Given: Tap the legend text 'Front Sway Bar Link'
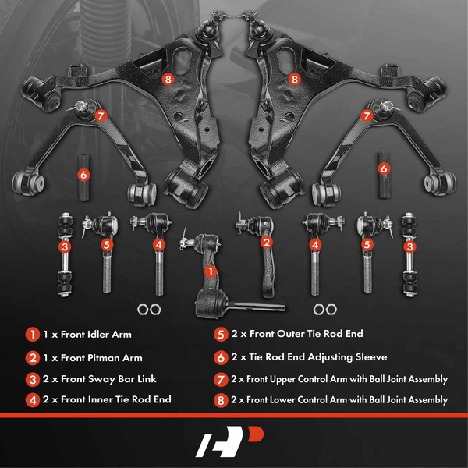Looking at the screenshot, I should [x=106, y=379].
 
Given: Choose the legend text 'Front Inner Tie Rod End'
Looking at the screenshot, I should [x=113, y=400].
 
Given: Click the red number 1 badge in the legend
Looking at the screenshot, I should [x=32, y=334].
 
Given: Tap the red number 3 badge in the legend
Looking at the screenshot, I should [x=32, y=379].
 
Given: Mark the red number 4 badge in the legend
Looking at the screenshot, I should [x=32, y=400].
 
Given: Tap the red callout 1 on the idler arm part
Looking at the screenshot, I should [x=208, y=271].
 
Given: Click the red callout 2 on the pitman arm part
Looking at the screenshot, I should [x=267, y=243].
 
